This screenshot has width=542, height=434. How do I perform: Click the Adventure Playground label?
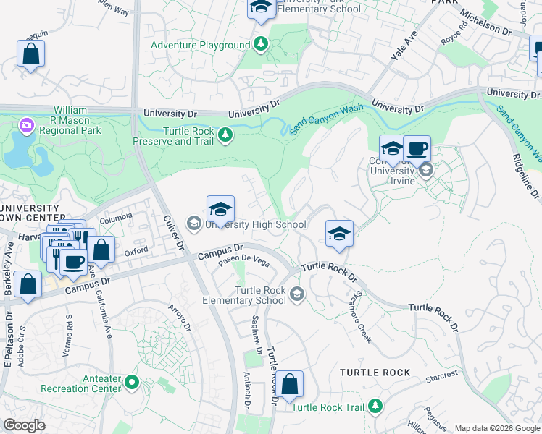click(x=200, y=45)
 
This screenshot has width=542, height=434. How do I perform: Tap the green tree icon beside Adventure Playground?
click(x=261, y=45)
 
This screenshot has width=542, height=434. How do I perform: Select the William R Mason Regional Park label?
click(x=71, y=120)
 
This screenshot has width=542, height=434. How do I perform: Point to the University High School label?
click(x=256, y=224)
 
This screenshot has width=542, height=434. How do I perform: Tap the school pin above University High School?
click(x=220, y=210)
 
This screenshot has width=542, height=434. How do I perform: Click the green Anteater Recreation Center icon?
click(x=131, y=381)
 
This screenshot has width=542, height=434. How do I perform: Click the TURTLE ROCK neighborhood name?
click(x=375, y=373)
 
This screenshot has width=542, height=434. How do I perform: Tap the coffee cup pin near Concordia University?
click(x=417, y=149)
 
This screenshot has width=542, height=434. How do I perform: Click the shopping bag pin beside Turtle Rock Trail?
click(x=289, y=385)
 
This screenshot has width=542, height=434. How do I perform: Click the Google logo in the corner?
click(x=24, y=425)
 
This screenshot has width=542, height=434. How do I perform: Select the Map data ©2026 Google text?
click(x=497, y=428)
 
